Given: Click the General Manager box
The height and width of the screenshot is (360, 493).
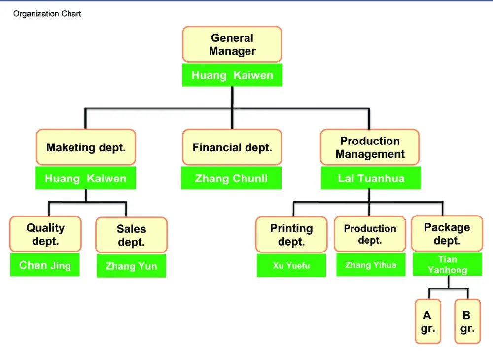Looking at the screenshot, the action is click(x=232, y=44).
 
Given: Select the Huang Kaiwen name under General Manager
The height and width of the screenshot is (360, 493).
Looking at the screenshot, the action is click(x=232, y=75).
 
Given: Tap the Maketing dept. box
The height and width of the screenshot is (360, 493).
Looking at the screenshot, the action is click(x=86, y=147).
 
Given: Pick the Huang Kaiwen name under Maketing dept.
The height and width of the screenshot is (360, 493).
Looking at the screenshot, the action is click(x=85, y=178).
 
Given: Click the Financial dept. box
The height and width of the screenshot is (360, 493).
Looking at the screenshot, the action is click(x=232, y=147).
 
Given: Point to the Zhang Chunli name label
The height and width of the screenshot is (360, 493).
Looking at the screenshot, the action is click(x=231, y=178).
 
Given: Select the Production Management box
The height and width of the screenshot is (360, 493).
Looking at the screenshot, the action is click(x=370, y=147).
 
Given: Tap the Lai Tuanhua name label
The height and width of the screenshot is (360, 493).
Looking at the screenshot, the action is click(x=371, y=178).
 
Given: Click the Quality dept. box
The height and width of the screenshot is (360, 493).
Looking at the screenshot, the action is click(x=45, y=234).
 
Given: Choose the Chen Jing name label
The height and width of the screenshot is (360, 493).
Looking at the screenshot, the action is click(x=45, y=265).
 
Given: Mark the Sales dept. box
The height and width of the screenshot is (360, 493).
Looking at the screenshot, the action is click(x=132, y=235).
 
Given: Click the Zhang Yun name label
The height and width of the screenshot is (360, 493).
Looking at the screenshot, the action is click(x=132, y=266).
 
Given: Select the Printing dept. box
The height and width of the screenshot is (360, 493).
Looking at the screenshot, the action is click(x=291, y=235).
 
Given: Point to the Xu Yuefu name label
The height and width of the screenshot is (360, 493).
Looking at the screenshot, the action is click(x=291, y=265).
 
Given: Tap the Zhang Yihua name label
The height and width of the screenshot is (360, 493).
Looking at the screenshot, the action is click(x=371, y=265).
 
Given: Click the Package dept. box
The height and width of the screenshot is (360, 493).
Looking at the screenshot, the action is click(x=447, y=234).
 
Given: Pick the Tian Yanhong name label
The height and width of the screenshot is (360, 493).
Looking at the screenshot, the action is click(x=448, y=264).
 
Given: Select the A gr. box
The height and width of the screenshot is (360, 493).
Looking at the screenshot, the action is click(x=428, y=322).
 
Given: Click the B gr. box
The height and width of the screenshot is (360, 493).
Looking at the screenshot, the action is click(x=467, y=322).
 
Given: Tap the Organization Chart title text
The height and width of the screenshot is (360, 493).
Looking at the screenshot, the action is click(x=47, y=14).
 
